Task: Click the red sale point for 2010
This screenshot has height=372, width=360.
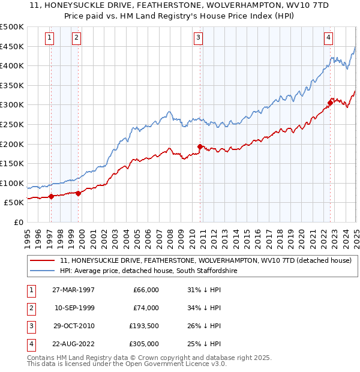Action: coord(200,146)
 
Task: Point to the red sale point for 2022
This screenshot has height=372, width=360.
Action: coord(330,103)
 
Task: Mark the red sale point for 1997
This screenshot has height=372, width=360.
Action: coord(51,196)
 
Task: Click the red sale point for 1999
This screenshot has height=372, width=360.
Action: coord(78,193)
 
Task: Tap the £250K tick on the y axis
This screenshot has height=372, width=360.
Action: coord(13,124)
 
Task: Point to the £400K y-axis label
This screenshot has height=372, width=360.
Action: coord(13,66)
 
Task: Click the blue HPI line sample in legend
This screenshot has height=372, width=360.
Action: coord(42,271)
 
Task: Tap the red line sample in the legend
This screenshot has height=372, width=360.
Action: coord(42,260)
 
